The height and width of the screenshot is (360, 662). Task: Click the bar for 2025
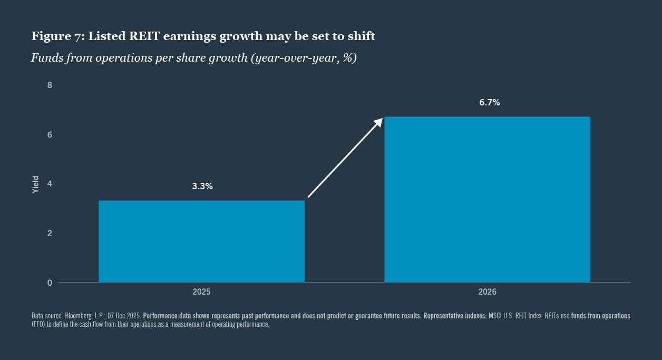201,241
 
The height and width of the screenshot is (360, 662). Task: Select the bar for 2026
487,199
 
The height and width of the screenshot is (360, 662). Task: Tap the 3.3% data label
202,186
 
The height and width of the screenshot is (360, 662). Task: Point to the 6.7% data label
489,103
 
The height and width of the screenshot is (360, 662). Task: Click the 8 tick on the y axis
50,85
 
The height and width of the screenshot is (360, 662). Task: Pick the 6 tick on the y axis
50,134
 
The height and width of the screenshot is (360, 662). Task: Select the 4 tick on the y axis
50,184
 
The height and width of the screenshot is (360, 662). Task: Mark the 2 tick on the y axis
50,233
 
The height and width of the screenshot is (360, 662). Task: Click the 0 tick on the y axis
50,283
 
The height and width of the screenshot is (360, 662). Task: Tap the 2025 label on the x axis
201,291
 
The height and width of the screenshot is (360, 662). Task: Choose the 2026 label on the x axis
487,291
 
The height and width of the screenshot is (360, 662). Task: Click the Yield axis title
35,184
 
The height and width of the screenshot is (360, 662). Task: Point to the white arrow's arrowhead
378,122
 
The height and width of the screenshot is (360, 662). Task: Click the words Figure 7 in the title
56,36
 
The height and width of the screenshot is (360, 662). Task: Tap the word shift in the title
362,36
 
